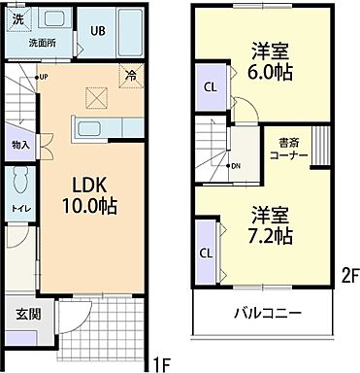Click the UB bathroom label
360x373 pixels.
pyautogui.click(x=98, y=30)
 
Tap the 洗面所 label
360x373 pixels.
pyautogui.click(x=41, y=43)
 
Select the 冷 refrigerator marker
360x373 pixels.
pyautogui.click(x=130, y=74)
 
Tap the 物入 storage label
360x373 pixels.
pyautogui.click(x=20, y=145)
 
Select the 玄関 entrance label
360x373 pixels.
pyautogui.click(x=27, y=315)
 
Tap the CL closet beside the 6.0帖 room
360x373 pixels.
pyautogui.click(x=209, y=86)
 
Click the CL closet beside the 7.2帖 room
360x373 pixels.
pyautogui.click(x=206, y=252)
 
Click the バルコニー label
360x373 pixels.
pyautogui.click(x=266, y=314)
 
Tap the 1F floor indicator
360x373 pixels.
pyautogui.click(x=160, y=365)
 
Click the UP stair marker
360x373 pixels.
pyautogui.click(x=43, y=77)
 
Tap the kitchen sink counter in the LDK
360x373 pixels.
pyautogui.click(x=94, y=130)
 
